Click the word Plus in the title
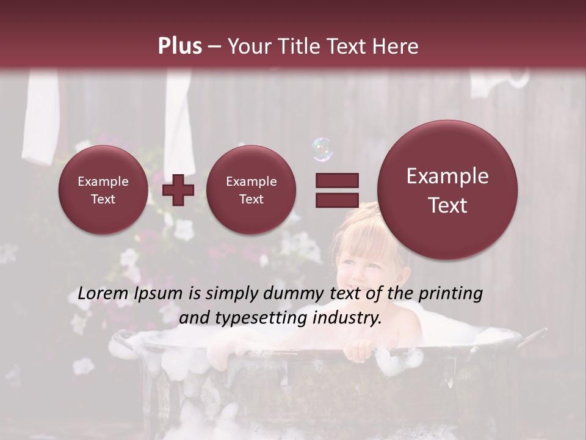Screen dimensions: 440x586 pyautogui.click(x=179, y=46)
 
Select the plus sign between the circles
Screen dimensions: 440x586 pyautogui.click(x=178, y=190)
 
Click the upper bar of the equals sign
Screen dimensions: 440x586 pyautogui.click(x=337, y=180)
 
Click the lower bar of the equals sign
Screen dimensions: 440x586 pyautogui.click(x=337, y=200)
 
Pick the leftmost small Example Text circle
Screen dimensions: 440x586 pyautogui.click(x=103, y=190)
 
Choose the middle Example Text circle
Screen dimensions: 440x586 pyautogui.click(x=251, y=190)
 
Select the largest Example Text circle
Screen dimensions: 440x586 pyautogui.click(x=447, y=190)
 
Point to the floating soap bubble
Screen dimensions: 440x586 pyautogui.click(x=322, y=149)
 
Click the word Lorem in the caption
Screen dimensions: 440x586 pyautogui.click(x=103, y=294)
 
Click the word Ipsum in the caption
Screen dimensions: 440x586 pyautogui.click(x=158, y=294)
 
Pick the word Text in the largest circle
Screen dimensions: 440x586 pyautogui.click(x=447, y=205)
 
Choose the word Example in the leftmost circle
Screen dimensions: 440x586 pyautogui.click(x=103, y=182)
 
